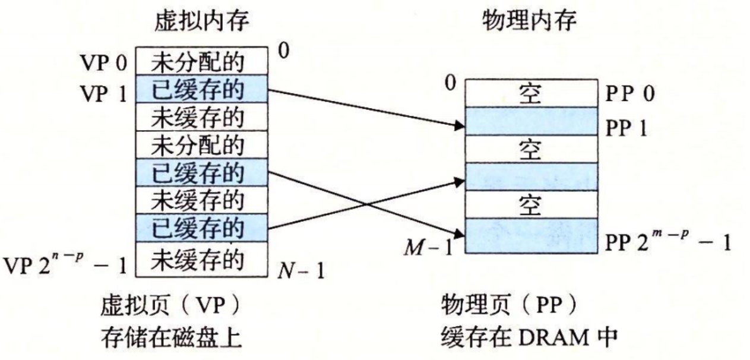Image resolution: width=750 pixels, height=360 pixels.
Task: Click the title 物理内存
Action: pos(530,21)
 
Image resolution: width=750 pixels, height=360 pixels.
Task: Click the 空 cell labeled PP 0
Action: pos(530,94)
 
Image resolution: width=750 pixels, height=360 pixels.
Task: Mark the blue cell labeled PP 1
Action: pos(530,121)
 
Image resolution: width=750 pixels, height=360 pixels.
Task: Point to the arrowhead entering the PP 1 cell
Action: pos(458,125)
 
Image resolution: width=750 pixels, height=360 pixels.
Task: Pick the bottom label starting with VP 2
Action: pos(65,264)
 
